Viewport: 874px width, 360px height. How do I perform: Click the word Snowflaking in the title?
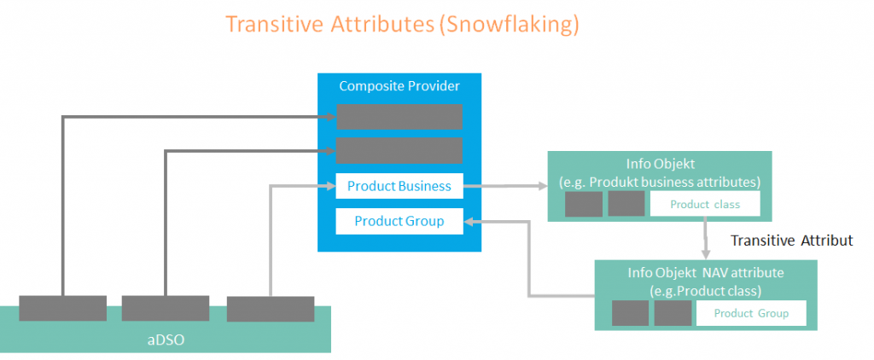point(510,25)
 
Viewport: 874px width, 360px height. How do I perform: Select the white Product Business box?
point(399,186)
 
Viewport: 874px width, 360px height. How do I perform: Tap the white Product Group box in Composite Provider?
point(399,221)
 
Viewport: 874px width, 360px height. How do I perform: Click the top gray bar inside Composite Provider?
point(399,117)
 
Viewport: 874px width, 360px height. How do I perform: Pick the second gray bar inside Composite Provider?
point(399,150)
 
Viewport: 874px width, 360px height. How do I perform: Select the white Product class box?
point(705,204)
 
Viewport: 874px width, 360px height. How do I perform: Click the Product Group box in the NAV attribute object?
point(751,313)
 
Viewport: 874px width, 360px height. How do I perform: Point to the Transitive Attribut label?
point(791,241)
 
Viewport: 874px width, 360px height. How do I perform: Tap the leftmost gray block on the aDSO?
point(62,308)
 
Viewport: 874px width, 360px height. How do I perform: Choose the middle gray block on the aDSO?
point(166,308)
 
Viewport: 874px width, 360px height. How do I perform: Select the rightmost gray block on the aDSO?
point(271,310)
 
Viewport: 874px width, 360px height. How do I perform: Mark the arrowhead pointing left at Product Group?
point(470,222)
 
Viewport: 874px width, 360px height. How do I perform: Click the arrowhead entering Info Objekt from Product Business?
point(542,186)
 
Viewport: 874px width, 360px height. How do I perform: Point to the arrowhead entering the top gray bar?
point(330,117)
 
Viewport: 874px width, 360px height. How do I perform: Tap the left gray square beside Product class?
point(584,204)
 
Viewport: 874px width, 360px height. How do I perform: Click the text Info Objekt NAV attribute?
point(706,273)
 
